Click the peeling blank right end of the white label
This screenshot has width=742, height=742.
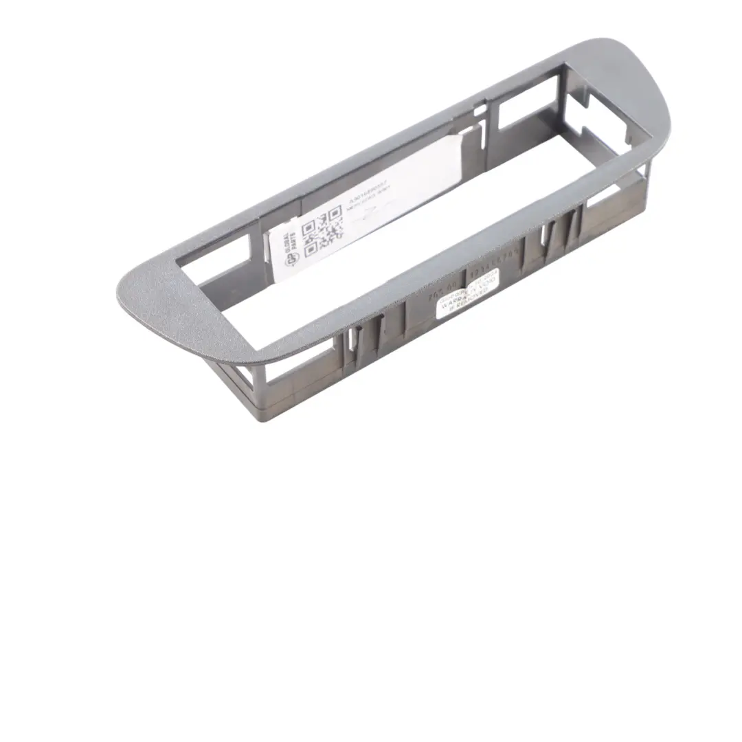point(433,165)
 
